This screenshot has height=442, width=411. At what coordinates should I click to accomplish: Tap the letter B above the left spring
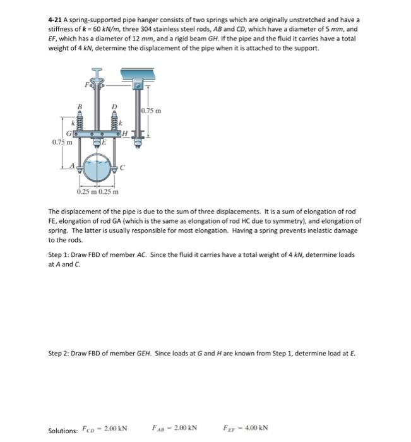(80, 107)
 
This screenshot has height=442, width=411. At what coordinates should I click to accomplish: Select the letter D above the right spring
(115, 107)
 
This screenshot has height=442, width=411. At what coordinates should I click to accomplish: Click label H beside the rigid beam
(125, 134)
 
